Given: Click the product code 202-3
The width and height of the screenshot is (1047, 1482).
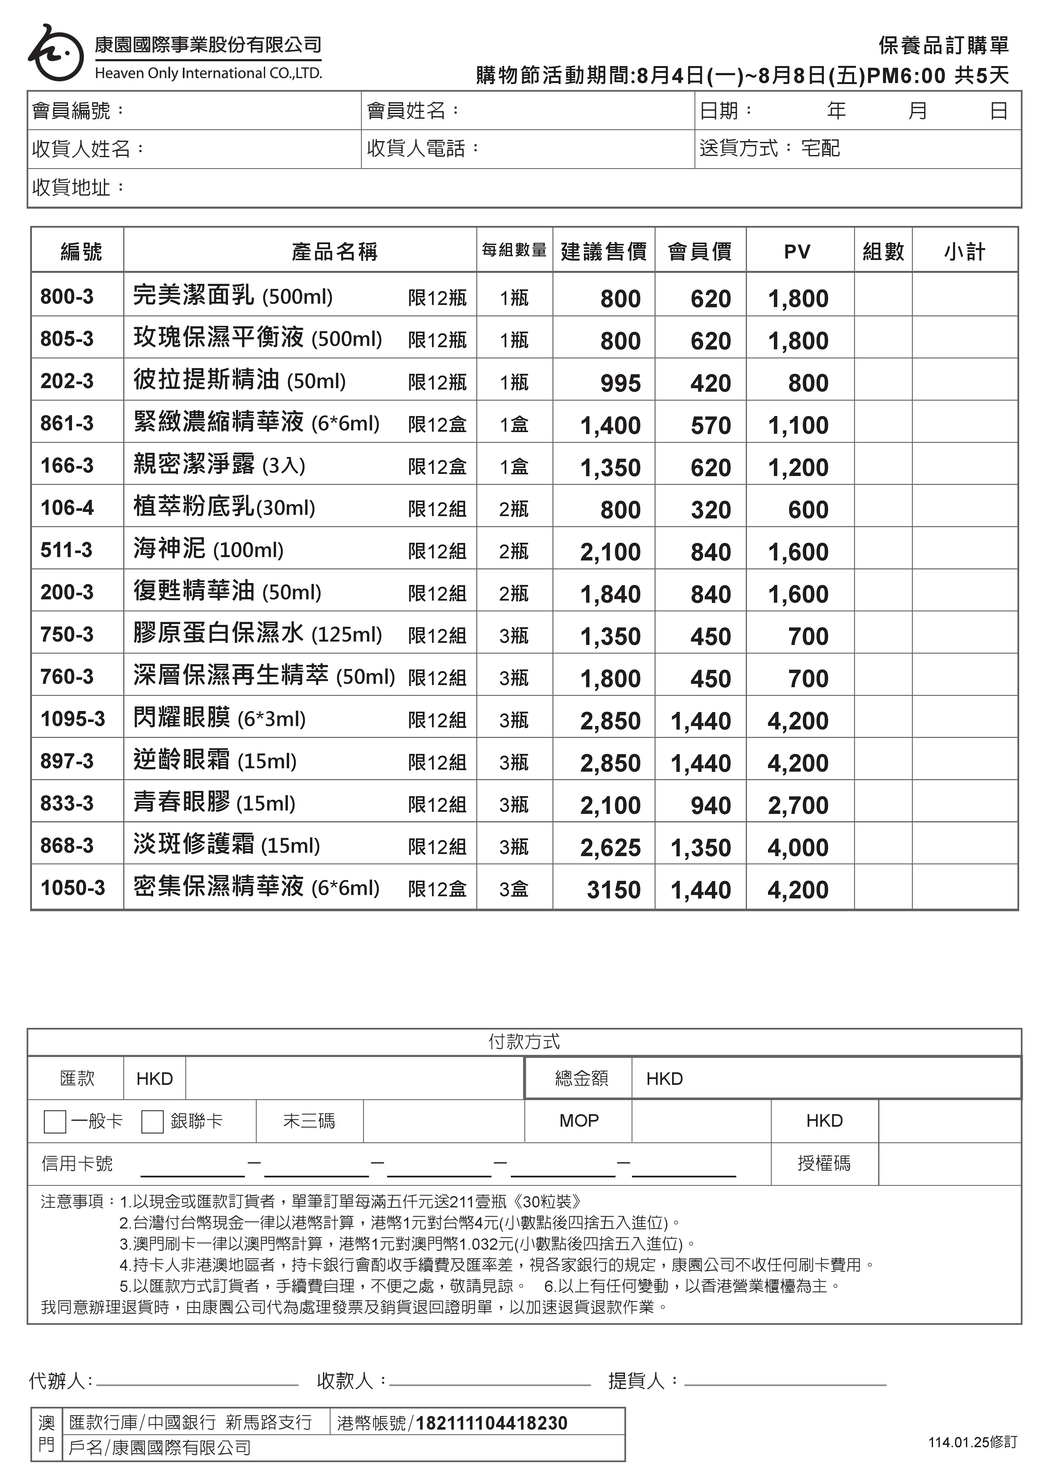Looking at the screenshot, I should [67, 381].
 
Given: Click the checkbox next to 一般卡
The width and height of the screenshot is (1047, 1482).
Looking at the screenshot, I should [55, 1122].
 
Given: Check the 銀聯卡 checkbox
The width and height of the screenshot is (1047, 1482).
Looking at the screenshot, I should [152, 1122].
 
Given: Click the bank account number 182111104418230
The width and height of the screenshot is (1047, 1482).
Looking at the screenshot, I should [491, 1423].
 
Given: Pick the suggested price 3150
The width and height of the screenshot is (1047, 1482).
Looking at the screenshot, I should [613, 889].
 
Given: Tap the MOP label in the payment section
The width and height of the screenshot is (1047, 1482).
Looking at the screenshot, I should [579, 1120].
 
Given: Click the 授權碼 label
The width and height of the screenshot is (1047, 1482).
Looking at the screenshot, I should [824, 1163].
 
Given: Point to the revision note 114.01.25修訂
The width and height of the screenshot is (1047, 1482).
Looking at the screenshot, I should [972, 1442].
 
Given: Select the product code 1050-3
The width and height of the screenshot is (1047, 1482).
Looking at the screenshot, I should [72, 888].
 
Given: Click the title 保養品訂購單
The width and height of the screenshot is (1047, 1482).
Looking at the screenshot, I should [943, 45].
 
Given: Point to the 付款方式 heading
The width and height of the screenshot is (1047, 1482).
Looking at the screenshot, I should [524, 1041].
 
